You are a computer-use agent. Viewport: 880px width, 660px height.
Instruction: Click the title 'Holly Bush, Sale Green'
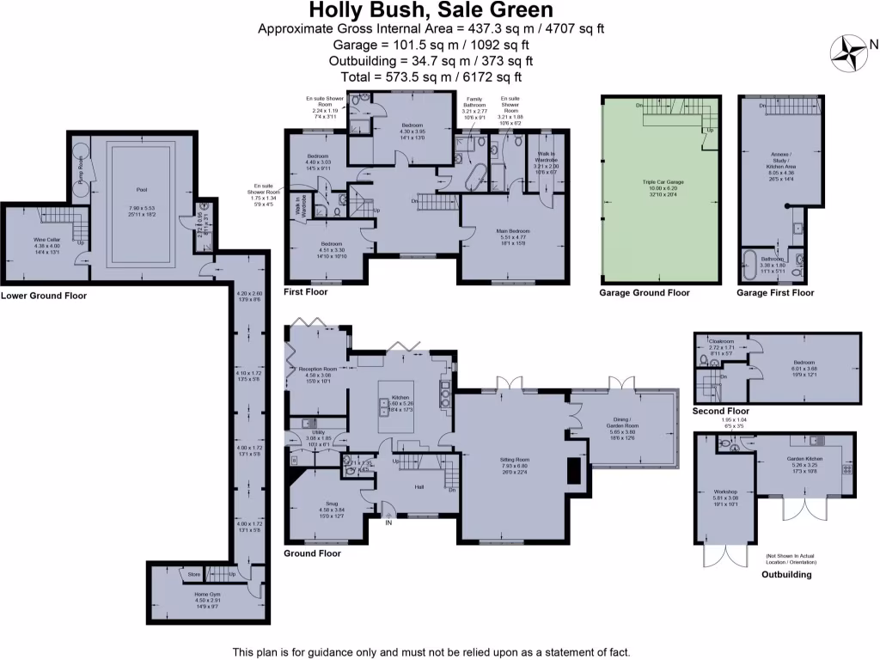(431, 10)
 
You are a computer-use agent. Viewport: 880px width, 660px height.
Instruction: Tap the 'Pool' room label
(142, 190)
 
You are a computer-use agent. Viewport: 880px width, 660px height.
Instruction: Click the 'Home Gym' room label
(205, 594)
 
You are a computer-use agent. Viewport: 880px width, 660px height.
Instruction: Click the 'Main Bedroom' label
(513, 231)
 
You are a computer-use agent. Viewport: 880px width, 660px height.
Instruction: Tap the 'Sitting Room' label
(515, 460)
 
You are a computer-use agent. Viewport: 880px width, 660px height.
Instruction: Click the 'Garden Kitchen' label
(805, 460)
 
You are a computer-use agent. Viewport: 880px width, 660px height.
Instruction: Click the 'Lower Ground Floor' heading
(44, 296)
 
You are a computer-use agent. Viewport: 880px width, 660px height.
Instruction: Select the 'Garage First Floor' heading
(775, 293)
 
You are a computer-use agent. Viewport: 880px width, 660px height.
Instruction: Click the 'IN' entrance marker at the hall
(388, 522)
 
